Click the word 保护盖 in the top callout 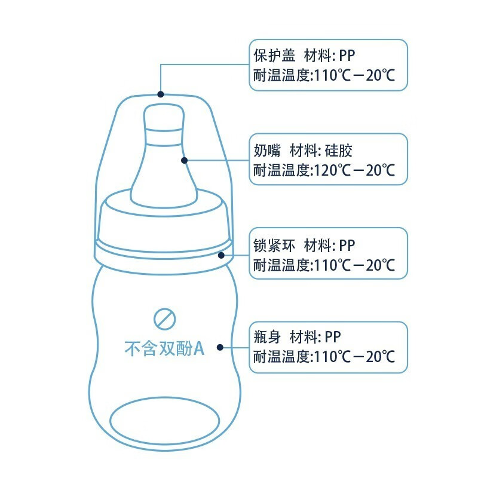coord(275,56)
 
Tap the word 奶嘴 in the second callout coord(267,151)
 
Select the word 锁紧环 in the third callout coord(274,245)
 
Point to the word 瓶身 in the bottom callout coord(267,336)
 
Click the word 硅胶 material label coord(338,151)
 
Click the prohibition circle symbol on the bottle coord(165,319)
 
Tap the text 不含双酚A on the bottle coord(164,348)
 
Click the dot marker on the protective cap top coord(161,94)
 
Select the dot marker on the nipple coord(184,160)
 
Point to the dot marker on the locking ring coord(221,255)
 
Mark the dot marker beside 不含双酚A coord(220,347)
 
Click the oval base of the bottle coord(165,421)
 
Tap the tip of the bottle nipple coord(164,105)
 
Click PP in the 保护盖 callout coord(347,56)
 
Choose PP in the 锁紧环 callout coord(347,246)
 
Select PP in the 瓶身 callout coord(333,337)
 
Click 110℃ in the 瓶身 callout coord(333,356)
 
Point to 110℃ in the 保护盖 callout coord(333,75)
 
